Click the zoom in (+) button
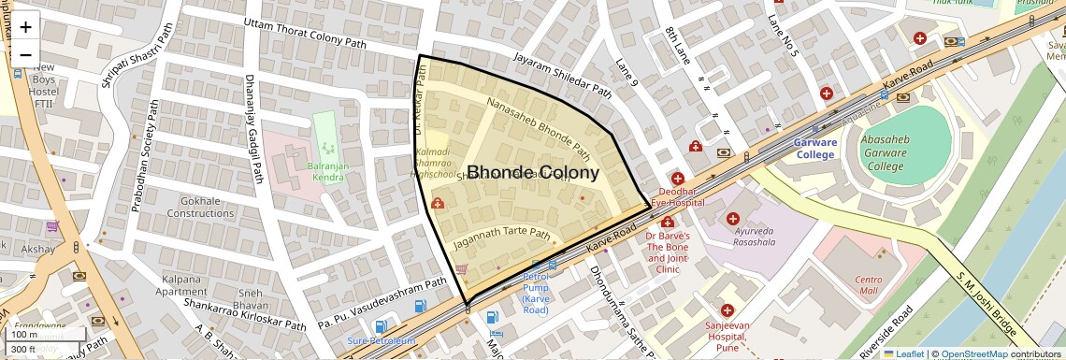(25, 27)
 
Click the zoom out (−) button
(25, 55)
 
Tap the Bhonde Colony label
(532, 173)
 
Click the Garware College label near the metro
(814, 149)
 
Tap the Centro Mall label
(869, 285)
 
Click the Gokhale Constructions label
(200, 207)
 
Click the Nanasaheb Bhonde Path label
(538, 128)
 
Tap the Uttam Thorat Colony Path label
(304, 33)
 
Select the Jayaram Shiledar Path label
(561, 76)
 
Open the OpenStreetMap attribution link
(973, 354)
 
